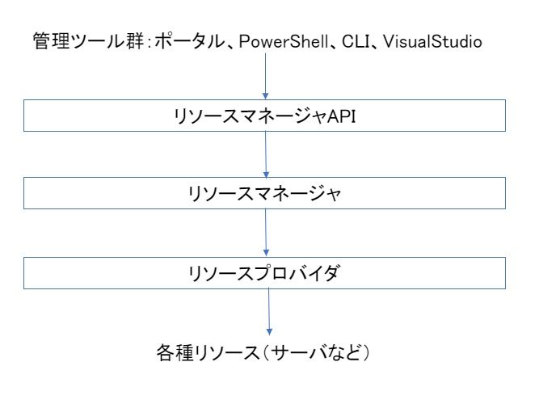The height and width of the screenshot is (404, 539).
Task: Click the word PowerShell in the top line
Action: click(284, 42)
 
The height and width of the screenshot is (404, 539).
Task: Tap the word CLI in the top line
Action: click(356, 41)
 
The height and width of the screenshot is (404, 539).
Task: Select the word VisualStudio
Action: click(432, 41)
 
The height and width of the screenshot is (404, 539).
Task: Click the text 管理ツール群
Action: click(88, 41)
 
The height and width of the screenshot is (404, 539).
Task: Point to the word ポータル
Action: click(189, 41)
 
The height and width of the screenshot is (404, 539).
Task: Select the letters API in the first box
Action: click(341, 116)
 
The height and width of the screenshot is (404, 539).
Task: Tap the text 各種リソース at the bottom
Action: click(208, 353)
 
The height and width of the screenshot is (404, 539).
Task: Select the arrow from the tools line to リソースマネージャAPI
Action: click(265, 76)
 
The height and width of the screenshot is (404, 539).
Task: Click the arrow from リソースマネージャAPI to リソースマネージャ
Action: click(266, 154)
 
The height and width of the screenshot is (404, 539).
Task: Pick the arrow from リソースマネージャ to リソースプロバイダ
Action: click(266, 233)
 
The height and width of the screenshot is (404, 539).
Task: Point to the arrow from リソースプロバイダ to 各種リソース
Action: click(269, 312)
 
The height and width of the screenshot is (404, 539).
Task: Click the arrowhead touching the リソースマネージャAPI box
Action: click(265, 96)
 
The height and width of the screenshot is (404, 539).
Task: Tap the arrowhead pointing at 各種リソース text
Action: click(269, 331)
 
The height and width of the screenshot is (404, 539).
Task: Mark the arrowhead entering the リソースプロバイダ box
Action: click(266, 253)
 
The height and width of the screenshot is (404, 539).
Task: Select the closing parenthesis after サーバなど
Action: click(366, 353)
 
